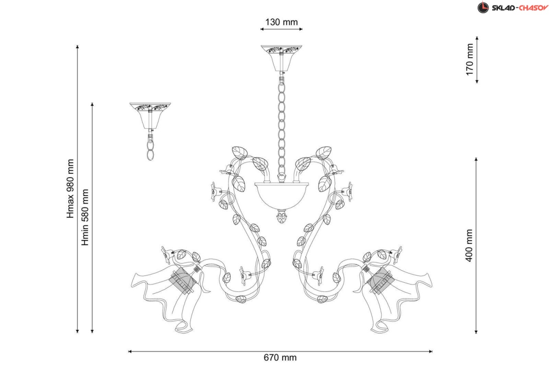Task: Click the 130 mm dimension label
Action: click(x=281, y=22)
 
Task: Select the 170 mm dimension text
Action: click(x=469, y=59)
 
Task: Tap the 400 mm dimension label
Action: click(x=469, y=245)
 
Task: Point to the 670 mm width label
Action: click(x=280, y=358)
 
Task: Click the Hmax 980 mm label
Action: click(x=70, y=189)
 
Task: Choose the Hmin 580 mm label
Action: click(x=85, y=217)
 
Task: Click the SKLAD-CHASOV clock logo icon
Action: click(x=483, y=7)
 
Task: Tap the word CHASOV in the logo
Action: click(x=533, y=8)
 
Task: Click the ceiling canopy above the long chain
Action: click(x=281, y=58)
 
